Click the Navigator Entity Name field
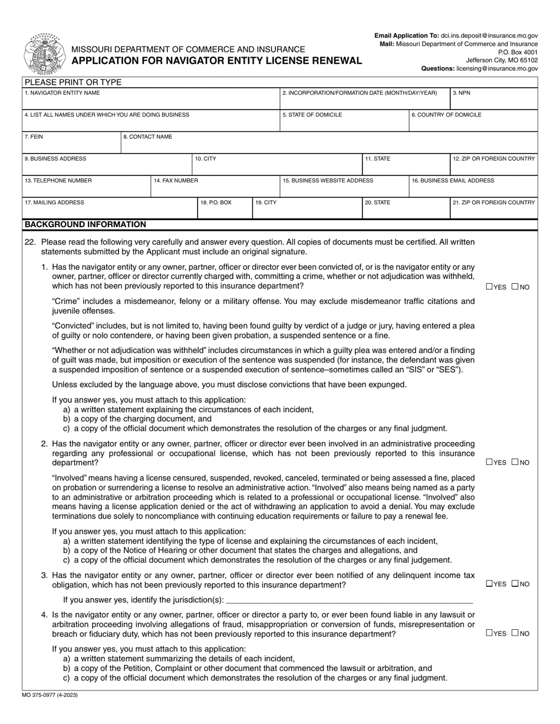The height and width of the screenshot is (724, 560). tap(151, 101)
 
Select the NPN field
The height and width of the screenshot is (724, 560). tap(494, 101)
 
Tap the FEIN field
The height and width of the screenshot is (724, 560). tap(71, 145)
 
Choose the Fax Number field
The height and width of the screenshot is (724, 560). tap(215, 188)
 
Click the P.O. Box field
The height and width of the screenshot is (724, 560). tap(224, 210)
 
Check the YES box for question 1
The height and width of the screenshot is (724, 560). tap(489, 287)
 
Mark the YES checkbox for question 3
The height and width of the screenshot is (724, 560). tap(489, 584)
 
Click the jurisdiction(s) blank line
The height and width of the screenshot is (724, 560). tap(349, 600)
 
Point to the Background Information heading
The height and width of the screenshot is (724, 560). tap(85, 224)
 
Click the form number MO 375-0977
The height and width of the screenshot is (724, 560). tap(50, 695)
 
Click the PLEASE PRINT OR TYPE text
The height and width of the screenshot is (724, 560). tap(73, 82)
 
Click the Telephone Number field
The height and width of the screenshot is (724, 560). tap(86, 188)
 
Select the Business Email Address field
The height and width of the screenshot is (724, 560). tap(473, 188)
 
